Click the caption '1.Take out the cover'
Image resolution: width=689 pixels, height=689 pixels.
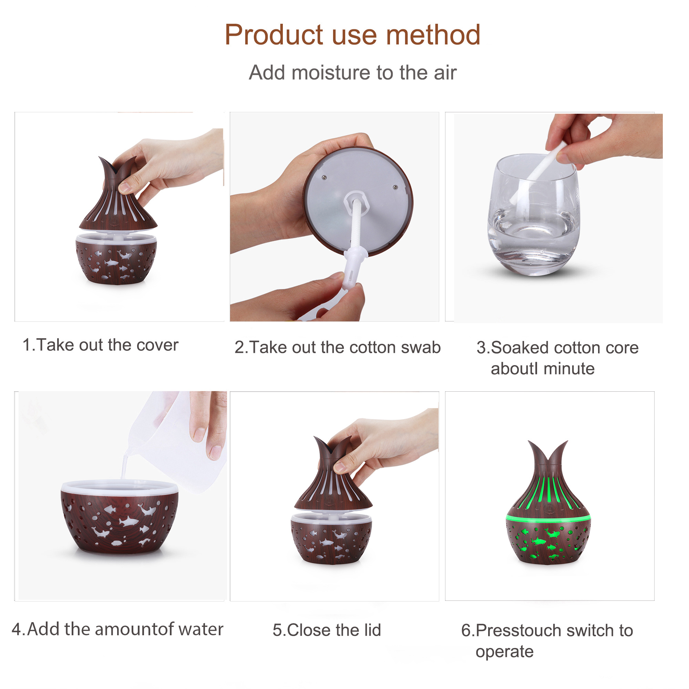tap(100, 345)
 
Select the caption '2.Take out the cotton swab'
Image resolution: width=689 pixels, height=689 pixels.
tap(337, 347)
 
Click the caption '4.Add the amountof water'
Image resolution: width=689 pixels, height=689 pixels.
tap(117, 629)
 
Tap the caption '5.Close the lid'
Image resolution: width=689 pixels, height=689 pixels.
tap(327, 630)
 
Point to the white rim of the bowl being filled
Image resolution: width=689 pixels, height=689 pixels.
tap(120, 486)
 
